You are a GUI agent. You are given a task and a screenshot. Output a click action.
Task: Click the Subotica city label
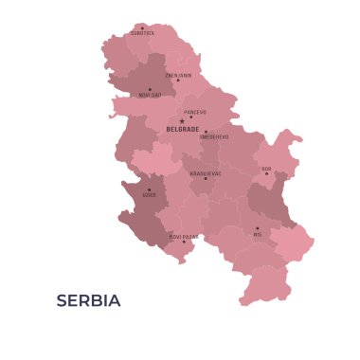click(142, 33)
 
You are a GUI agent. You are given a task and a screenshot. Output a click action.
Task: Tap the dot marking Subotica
click(142, 27)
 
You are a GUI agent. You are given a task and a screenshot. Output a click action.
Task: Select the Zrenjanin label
click(178, 75)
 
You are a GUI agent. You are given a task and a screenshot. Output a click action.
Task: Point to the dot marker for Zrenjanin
click(177, 81)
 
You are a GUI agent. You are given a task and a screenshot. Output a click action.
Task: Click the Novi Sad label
click(150, 95)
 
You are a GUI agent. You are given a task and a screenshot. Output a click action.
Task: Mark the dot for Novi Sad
click(149, 89)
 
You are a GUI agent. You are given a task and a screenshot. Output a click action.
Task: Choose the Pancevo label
click(195, 112)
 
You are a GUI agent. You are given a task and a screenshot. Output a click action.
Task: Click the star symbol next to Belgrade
click(182, 121)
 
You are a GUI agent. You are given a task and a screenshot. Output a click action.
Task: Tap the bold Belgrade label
click(182, 129)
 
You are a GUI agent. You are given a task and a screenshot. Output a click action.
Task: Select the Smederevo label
click(213, 136)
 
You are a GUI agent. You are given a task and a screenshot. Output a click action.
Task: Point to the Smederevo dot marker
click(206, 132)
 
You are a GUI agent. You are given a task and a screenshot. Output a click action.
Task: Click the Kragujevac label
click(206, 173)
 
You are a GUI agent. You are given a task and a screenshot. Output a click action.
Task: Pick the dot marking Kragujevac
click(205, 179)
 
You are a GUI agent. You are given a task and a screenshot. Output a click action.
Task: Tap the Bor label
click(266, 169)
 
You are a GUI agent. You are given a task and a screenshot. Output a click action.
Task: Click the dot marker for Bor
click(266, 174)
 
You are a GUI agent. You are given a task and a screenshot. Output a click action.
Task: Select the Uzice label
click(150, 195)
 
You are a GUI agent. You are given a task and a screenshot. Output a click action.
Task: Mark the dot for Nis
click(257, 227)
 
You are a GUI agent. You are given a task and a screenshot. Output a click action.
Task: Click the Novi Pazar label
click(184, 236)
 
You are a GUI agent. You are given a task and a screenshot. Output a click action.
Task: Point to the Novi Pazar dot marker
click(184, 242)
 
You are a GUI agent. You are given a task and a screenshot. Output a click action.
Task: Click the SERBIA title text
click(88, 301)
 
